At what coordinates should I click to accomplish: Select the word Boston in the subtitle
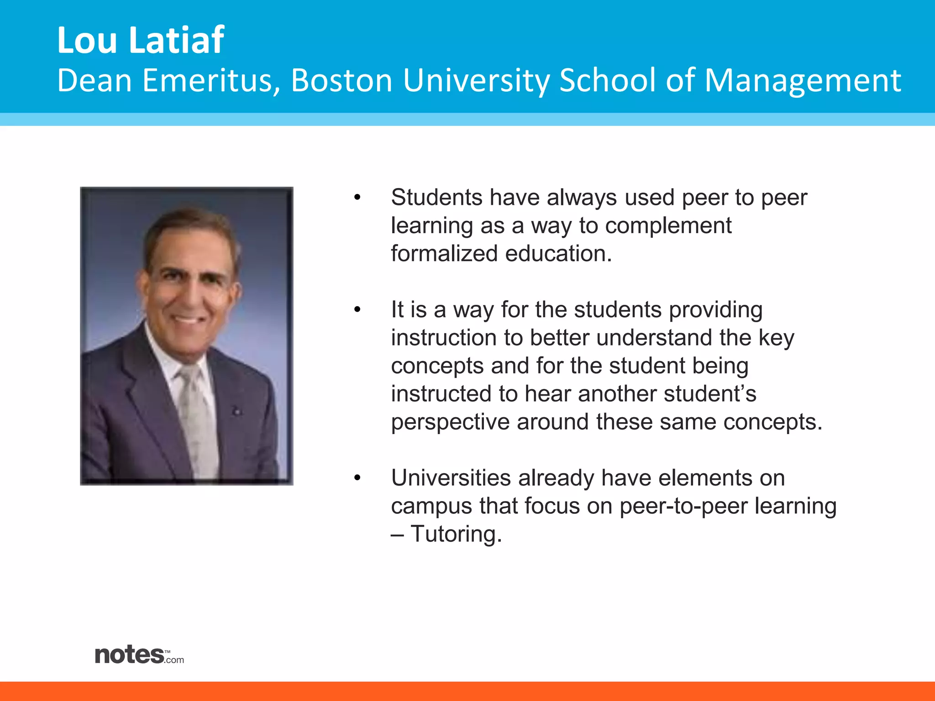pyautogui.click(x=341, y=81)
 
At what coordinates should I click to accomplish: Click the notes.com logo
pyautogui.click(x=139, y=655)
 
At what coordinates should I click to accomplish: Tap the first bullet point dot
pyautogui.click(x=357, y=198)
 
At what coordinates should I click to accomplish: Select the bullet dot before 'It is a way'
pyautogui.click(x=357, y=310)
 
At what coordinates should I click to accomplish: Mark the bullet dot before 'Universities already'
pyautogui.click(x=357, y=478)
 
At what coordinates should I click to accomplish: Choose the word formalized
pyautogui.click(x=444, y=254)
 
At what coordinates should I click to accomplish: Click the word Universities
pyautogui.click(x=451, y=478)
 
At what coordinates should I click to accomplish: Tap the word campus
pyautogui.click(x=431, y=507)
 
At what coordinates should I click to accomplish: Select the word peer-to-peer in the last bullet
pyautogui.click(x=683, y=507)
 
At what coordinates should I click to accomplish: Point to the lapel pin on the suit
pyautogui.click(x=236, y=411)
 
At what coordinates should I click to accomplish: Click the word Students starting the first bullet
pyautogui.click(x=436, y=198)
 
